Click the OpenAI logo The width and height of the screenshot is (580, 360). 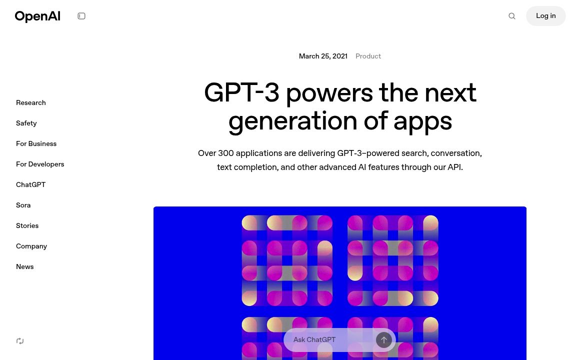click(37, 16)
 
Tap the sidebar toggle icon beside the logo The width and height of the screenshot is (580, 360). click(81, 16)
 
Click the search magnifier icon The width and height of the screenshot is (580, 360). click(512, 16)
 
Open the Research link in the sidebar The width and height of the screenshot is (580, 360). click(31, 103)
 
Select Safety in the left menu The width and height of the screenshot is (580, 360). click(26, 123)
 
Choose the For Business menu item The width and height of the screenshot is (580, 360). click(36, 144)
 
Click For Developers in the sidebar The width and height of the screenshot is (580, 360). click(40, 164)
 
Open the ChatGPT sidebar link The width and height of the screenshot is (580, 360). click(31, 185)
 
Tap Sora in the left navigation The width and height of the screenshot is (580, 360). click(23, 205)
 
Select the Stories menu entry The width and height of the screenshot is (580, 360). click(27, 226)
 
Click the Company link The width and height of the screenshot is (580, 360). click(31, 246)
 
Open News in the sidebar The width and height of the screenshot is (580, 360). click(25, 267)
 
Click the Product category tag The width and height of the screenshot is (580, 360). click(368, 56)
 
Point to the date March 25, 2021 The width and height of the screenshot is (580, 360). click(323, 56)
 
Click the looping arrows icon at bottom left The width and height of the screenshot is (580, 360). click(20, 341)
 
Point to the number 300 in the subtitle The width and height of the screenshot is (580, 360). click(225, 153)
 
